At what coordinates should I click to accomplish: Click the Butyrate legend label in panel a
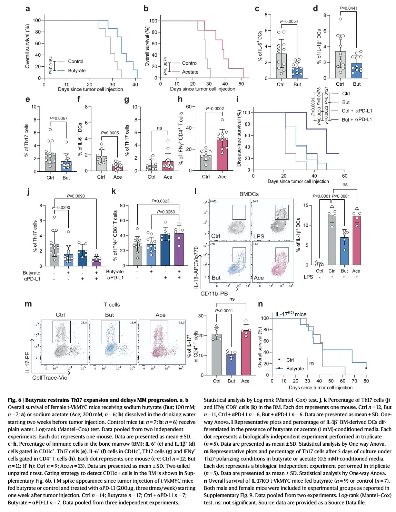[x=77, y=70]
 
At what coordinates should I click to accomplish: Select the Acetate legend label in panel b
[x=190, y=72]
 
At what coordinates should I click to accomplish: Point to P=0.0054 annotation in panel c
[x=289, y=21]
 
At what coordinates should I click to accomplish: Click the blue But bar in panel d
[x=357, y=70]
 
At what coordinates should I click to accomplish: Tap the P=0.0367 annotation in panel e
[x=59, y=118]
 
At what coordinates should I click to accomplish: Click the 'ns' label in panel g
[x=159, y=128]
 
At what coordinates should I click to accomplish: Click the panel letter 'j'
[x=28, y=191]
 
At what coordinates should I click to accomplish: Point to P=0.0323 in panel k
[x=160, y=201]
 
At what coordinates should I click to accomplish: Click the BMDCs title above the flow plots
[x=249, y=194]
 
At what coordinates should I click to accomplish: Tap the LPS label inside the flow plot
[x=259, y=236]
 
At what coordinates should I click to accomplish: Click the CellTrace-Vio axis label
[x=50, y=378]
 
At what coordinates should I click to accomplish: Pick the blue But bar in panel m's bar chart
[x=231, y=364]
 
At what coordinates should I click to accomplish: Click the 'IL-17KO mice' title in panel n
[x=291, y=314]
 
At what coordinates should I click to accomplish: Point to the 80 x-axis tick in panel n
[x=366, y=381]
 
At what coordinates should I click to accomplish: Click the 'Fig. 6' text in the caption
[x=14, y=400]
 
